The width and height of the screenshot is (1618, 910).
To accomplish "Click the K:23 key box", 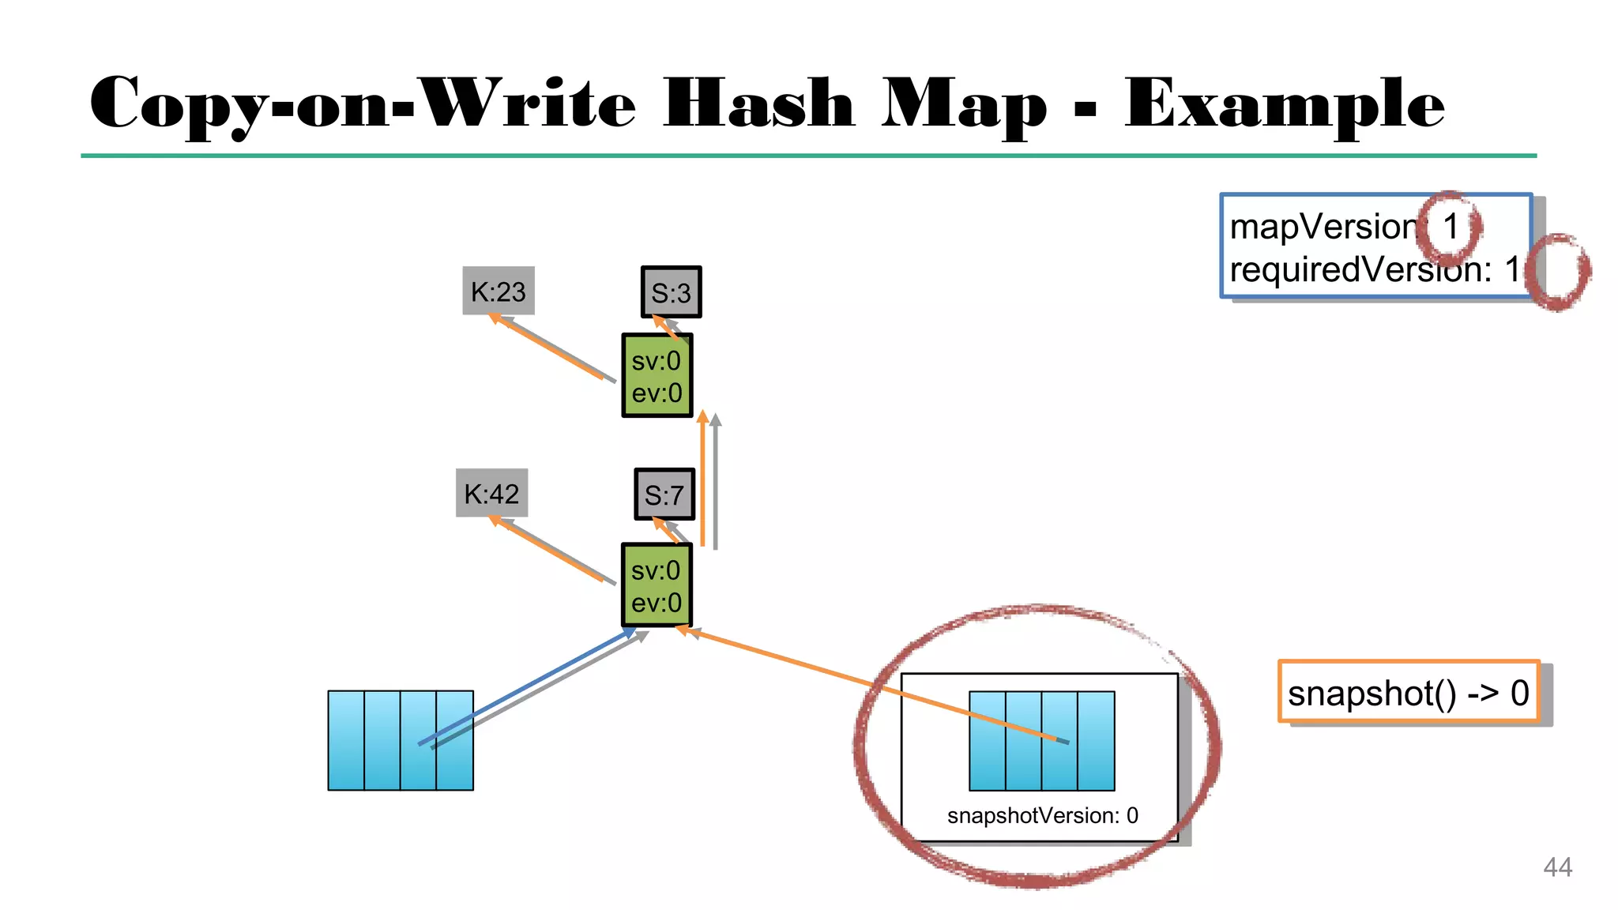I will point(498,291).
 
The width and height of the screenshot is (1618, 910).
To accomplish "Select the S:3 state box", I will point(671,292).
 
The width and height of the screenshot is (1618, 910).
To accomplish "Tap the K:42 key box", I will point(491,494).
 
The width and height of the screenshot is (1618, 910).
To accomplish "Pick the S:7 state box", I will point(664,494).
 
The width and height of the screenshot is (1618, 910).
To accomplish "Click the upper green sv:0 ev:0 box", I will point(657,376).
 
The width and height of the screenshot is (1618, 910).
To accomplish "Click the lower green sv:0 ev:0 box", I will point(657,585).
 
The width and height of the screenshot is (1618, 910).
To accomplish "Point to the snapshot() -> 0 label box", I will point(1409,693).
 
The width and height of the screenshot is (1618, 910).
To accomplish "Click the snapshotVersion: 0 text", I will point(1042,815).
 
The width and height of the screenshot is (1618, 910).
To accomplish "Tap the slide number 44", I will point(1557,867).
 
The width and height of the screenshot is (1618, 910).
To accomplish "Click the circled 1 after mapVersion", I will point(1450,227).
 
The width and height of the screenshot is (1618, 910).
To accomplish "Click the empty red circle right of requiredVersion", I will point(1558,272).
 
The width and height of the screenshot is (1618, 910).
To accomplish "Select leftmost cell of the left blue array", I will point(346,740).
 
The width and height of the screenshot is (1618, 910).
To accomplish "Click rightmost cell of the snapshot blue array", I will point(1096,740).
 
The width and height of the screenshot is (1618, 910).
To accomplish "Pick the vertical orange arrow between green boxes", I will point(702,482).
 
